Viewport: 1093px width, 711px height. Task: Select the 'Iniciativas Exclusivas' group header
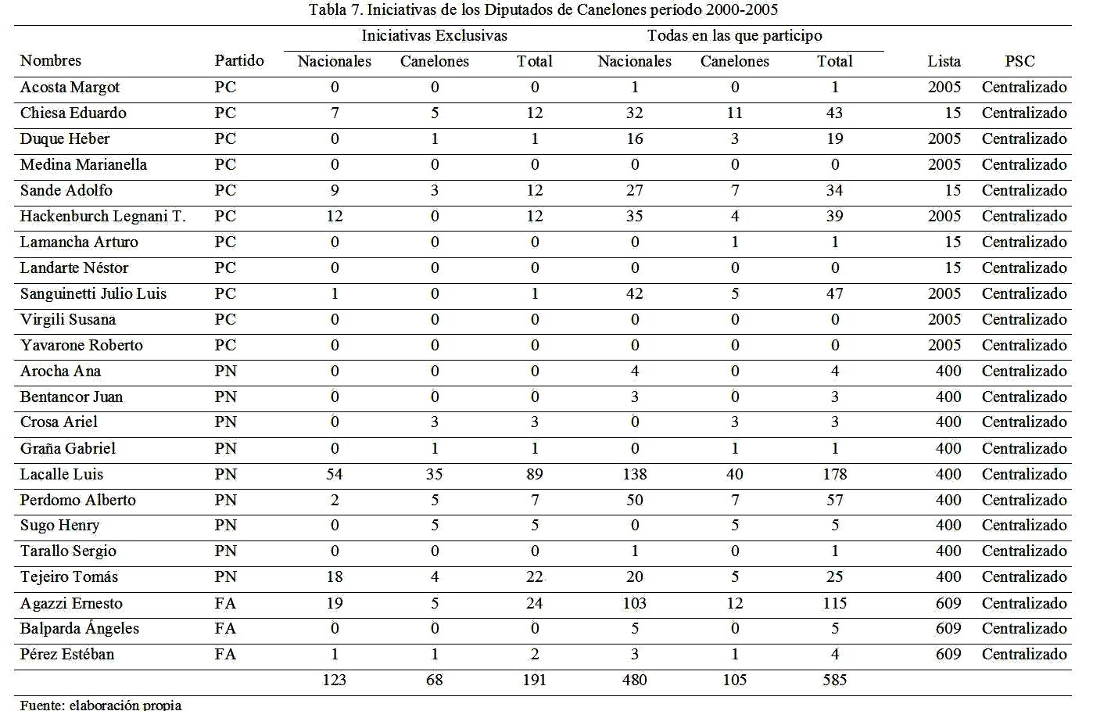coord(434,35)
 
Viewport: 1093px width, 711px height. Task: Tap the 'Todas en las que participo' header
coord(734,35)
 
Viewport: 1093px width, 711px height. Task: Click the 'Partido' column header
coord(239,60)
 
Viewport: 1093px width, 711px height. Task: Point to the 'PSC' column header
coord(1020,61)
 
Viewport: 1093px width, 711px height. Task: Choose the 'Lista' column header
coord(944,61)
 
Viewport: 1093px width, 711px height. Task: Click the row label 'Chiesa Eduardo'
coord(73,113)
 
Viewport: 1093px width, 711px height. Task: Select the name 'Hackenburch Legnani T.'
coord(102,216)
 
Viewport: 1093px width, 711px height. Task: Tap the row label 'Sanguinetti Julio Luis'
coord(93,293)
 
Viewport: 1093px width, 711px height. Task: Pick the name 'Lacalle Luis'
coord(61,474)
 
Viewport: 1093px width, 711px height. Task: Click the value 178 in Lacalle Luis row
coord(834,474)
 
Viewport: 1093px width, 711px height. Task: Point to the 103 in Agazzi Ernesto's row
coord(634,603)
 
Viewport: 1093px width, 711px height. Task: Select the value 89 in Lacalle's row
coord(534,474)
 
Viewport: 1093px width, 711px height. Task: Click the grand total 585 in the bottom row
coord(834,680)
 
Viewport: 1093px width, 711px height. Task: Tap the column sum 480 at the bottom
coord(634,680)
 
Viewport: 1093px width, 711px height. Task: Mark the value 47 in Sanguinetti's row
coord(834,293)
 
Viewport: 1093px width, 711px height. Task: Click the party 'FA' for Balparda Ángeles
coord(225,628)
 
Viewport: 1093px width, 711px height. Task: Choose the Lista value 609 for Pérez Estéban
coord(948,654)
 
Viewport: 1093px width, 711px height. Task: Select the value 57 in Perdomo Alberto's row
coord(834,500)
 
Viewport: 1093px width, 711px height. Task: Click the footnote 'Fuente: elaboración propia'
coord(100,704)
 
